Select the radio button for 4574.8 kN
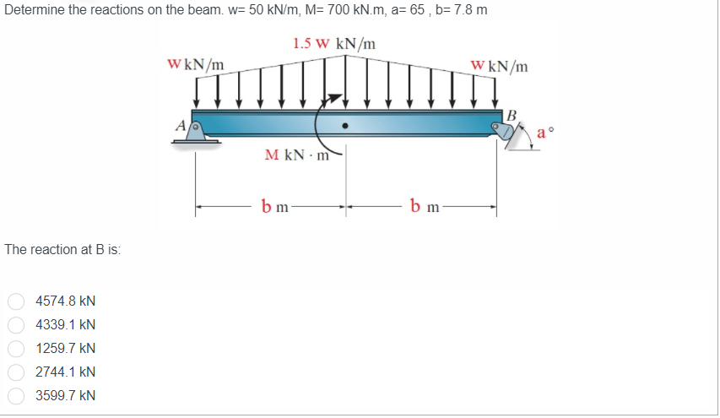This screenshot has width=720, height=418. (16, 301)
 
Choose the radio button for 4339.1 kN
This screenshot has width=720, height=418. (16, 325)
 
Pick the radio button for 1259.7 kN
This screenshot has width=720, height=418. (16, 348)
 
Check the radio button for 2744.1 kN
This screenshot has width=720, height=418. (16, 372)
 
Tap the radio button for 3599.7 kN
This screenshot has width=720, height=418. (16, 395)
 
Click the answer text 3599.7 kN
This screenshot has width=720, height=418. (66, 395)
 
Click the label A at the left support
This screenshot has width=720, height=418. (181, 125)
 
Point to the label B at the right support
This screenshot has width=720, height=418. (512, 116)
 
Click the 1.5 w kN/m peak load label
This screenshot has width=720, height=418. (334, 44)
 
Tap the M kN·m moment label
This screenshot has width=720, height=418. (297, 155)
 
